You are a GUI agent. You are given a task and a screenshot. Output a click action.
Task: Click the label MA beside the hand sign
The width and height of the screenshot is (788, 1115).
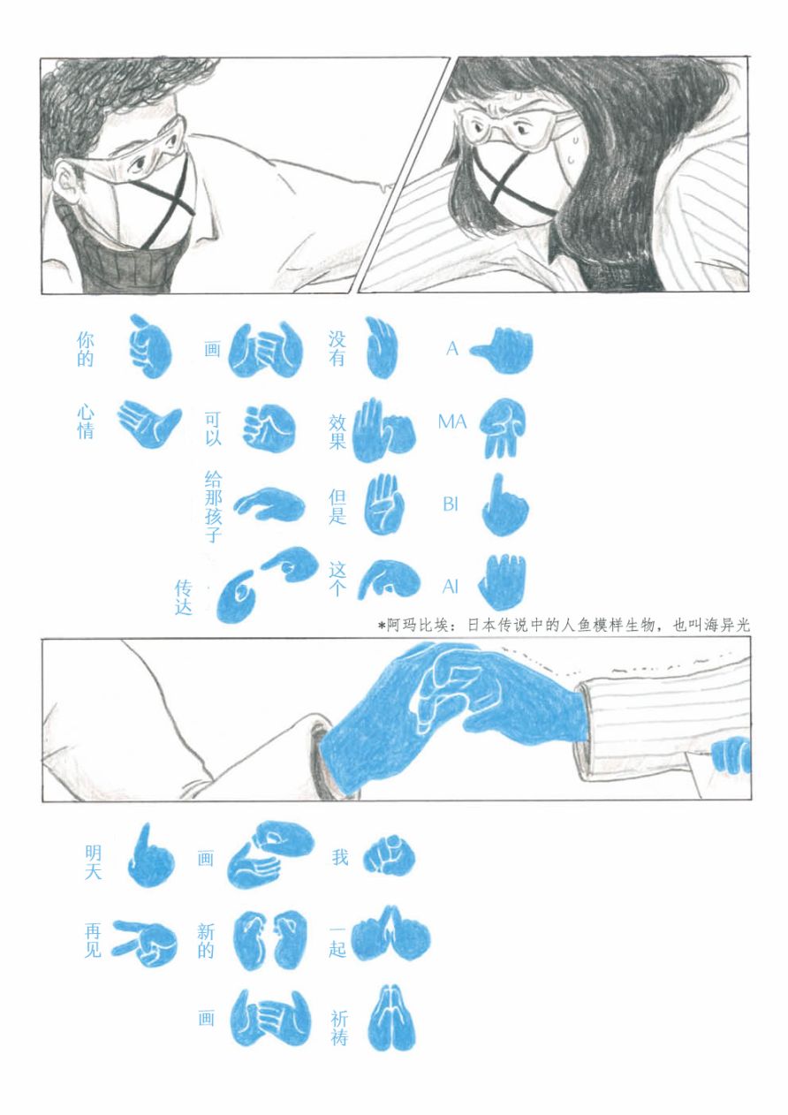tap(452, 422)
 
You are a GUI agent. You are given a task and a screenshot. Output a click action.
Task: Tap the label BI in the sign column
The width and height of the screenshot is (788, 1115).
tap(450, 504)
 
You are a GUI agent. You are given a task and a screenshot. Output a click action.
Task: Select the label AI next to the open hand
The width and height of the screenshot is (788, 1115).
tap(450, 588)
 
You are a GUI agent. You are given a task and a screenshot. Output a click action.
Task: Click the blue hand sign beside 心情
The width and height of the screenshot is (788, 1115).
tap(149, 423)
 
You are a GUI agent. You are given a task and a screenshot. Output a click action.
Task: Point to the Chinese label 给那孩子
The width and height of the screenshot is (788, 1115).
tap(213, 507)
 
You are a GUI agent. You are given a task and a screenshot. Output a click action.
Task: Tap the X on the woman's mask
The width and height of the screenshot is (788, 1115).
tap(512, 180)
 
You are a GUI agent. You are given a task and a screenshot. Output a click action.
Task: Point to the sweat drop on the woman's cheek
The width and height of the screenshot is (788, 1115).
tap(572, 158)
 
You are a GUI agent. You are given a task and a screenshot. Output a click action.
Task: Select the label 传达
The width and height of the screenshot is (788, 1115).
tap(183, 596)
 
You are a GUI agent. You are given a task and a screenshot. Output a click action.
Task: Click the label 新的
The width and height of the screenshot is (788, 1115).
tap(206, 944)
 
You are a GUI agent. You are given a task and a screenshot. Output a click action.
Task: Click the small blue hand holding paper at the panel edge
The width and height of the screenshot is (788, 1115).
tap(731, 755)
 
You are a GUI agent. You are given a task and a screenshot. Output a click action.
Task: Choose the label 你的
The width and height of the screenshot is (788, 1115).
tap(85, 350)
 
